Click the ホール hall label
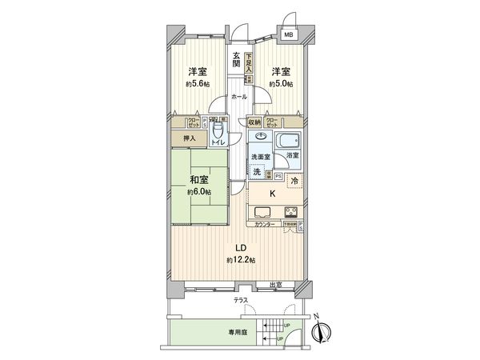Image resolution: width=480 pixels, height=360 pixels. tap(238, 97)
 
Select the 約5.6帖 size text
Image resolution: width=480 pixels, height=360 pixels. tap(198, 83)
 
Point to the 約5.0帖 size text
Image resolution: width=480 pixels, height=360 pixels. tap(281, 83)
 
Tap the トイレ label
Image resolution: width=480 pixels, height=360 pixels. tap(218, 142)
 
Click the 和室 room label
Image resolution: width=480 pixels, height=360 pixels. tap(199, 180)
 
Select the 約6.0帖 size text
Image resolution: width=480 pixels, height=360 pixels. tap(199, 193)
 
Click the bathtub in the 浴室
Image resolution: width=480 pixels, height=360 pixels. tap(288, 142)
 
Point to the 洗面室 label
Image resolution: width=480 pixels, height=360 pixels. tap(259, 157)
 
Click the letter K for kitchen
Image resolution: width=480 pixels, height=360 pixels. tap(272, 194)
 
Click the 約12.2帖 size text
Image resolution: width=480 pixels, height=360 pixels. tap(241, 260)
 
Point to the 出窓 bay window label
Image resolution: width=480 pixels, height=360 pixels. tap(274, 286)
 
